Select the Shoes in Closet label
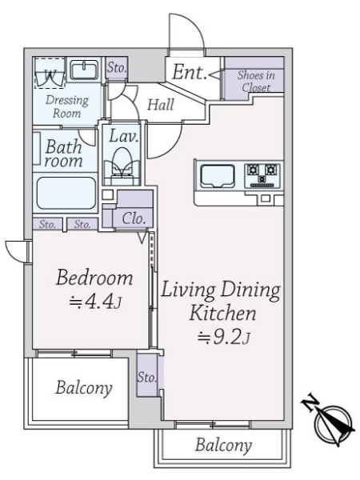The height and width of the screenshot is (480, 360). (254, 82)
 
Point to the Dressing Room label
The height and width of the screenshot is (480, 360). (66, 107)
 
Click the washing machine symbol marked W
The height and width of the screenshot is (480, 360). (51, 76)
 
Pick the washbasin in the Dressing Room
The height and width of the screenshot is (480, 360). (83, 70)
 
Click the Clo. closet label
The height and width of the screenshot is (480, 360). (133, 217)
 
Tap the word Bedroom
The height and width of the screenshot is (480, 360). (93, 278)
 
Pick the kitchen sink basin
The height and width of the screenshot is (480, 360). (217, 174)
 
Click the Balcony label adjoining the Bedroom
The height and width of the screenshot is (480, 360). (83, 389)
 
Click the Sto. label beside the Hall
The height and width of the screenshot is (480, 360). (117, 68)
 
